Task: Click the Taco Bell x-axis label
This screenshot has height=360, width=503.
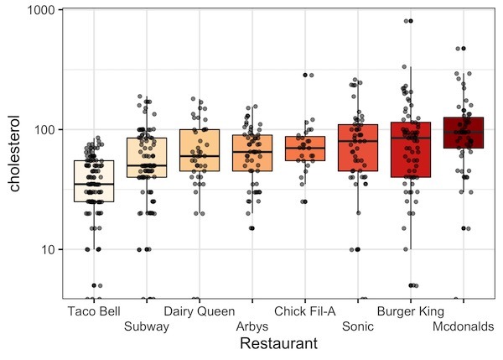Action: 95,312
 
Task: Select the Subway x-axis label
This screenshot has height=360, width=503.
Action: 147,327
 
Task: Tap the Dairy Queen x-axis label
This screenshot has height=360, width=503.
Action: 200,312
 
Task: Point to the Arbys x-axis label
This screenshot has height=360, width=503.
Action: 252,327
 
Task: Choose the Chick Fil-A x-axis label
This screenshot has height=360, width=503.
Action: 305,312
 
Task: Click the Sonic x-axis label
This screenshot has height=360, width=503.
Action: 358,327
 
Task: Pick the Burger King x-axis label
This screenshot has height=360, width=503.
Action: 411,312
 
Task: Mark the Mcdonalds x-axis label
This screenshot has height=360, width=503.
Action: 463,327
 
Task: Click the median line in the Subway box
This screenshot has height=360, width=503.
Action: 147,165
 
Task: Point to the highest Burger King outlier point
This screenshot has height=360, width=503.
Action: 409,21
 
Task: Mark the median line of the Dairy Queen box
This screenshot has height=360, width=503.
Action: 200,156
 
